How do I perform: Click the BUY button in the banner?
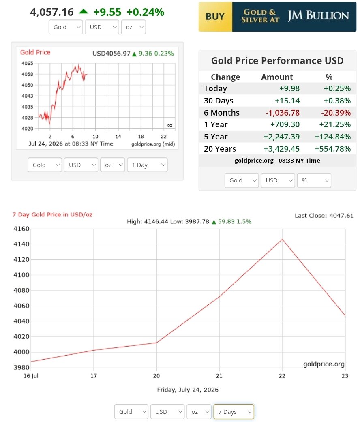[x=215, y=17]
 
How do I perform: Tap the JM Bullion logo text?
[x=318, y=16]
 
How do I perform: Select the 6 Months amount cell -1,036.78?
[x=283, y=113]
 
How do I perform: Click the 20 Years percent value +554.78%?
[x=333, y=149]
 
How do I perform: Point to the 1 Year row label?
[x=216, y=124]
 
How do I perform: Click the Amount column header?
[x=277, y=77]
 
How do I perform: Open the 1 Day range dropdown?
[x=148, y=165]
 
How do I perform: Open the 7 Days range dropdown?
[x=234, y=412]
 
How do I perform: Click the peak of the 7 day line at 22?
[x=282, y=239]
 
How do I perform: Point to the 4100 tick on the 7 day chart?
[x=21, y=275]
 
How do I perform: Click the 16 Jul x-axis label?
[x=31, y=376]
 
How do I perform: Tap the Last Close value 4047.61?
[x=341, y=216]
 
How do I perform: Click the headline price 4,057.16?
[x=52, y=12]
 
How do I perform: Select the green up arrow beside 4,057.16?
[x=84, y=11]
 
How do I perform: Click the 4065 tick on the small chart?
[x=28, y=64]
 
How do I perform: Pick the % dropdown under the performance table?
[x=314, y=180]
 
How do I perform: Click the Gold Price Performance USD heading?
[x=277, y=61]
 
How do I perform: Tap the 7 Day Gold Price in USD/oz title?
[x=52, y=215]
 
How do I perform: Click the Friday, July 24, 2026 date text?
[x=188, y=390]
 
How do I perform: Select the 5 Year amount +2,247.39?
[x=281, y=137]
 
